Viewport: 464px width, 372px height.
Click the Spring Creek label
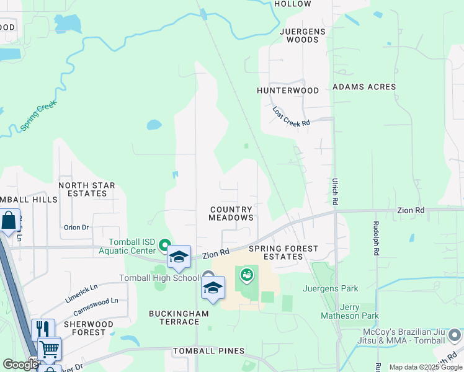coord(38,116)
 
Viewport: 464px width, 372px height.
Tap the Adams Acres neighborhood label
coord(364,87)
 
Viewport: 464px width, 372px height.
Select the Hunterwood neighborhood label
coord(288,91)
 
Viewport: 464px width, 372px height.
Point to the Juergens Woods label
coord(299,35)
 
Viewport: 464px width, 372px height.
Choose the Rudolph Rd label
coord(376,239)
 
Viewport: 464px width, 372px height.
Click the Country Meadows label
coord(231,214)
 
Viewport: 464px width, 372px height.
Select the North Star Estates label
coord(87,189)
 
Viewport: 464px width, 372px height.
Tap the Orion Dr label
coord(77,228)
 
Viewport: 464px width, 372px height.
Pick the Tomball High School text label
coord(159,277)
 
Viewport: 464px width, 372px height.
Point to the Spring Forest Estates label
coord(283,252)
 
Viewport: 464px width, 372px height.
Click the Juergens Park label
coord(331,288)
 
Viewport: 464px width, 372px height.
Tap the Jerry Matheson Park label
coord(349,311)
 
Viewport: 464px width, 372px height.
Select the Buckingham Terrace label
coord(179,318)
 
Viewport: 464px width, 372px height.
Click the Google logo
coord(20,365)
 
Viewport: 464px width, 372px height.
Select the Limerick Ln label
coord(81,293)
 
